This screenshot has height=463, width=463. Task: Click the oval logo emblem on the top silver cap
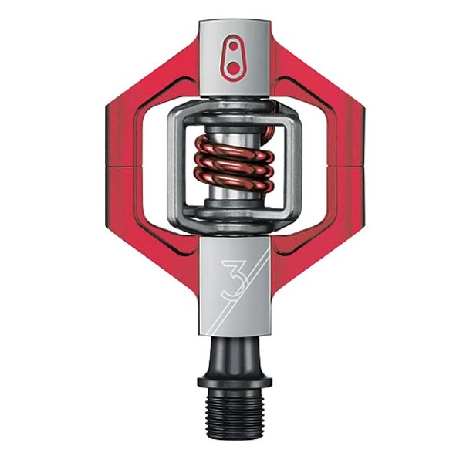pos(234,58)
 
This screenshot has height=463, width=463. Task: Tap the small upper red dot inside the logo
pos(233,46)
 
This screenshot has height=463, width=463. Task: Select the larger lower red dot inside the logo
pos(233,67)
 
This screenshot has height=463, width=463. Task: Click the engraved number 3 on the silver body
pos(233,278)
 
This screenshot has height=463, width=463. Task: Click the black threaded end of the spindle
pos(235,417)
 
